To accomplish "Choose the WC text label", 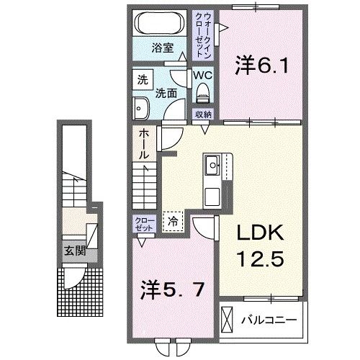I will [202, 74].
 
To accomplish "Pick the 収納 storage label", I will [203, 114].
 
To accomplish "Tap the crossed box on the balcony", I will [228, 318].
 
